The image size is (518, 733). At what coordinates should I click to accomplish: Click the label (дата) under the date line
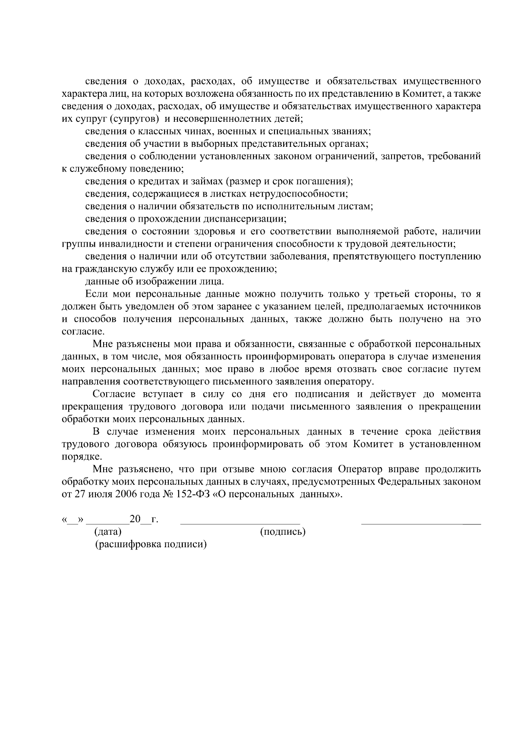(108, 532)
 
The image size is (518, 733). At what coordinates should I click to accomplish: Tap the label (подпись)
(283, 532)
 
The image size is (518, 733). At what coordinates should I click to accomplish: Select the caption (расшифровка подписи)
(151, 544)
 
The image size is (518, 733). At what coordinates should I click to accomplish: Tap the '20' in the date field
(135, 519)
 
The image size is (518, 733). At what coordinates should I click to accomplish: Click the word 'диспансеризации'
(243, 219)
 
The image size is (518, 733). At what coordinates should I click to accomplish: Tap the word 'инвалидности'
(129, 244)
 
